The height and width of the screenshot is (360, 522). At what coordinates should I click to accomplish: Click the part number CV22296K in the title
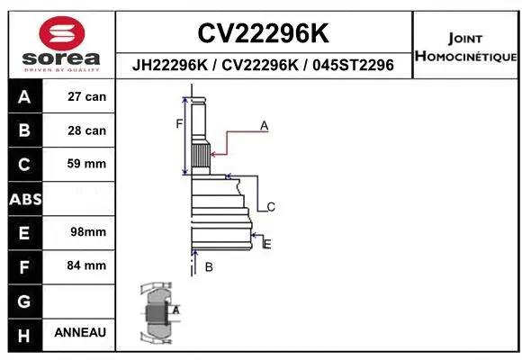pyautogui.click(x=262, y=33)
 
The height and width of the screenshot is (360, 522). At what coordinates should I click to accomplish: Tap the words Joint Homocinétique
pyautogui.click(x=465, y=48)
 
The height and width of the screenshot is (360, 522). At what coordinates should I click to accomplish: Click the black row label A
pyautogui.click(x=24, y=97)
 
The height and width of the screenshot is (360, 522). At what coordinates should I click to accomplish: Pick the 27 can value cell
pyautogui.click(x=86, y=97)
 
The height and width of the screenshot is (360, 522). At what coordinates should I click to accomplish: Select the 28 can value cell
pyautogui.click(x=86, y=130)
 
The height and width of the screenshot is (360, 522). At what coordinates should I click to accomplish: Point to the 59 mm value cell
pyautogui.click(x=86, y=164)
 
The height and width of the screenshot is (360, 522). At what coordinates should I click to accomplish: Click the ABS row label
pyautogui.click(x=24, y=198)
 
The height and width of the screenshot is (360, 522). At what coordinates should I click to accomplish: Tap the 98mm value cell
pyautogui.click(x=87, y=231)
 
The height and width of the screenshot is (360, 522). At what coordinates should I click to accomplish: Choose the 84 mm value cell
pyautogui.click(x=86, y=265)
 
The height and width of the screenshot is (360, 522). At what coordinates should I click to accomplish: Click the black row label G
pyautogui.click(x=24, y=300)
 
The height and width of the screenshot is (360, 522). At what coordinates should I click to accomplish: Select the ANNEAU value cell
pyautogui.click(x=80, y=332)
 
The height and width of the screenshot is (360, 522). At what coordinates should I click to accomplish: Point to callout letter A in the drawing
pyautogui.click(x=265, y=126)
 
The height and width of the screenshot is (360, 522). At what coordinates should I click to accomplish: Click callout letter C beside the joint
pyautogui.click(x=270, y=207)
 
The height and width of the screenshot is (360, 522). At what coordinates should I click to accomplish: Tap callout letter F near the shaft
pyautogui.click(x=179, y=123)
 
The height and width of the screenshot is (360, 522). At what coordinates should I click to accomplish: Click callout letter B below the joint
pyautogui.click(x=209, y=266)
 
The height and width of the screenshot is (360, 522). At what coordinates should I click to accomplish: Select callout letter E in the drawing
pyautogui.click(x=267, y=243)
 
